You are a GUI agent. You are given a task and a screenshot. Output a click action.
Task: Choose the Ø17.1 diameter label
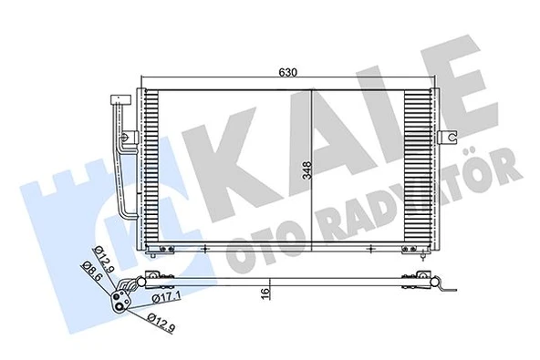click(x=164, y=298)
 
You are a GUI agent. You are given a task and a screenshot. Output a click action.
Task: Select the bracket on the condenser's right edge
click(x=448, y=137)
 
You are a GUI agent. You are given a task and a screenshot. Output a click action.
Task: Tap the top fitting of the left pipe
click(x=116, y=101)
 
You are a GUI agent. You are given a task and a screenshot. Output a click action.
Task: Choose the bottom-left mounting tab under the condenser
click(x=164, y=250)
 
